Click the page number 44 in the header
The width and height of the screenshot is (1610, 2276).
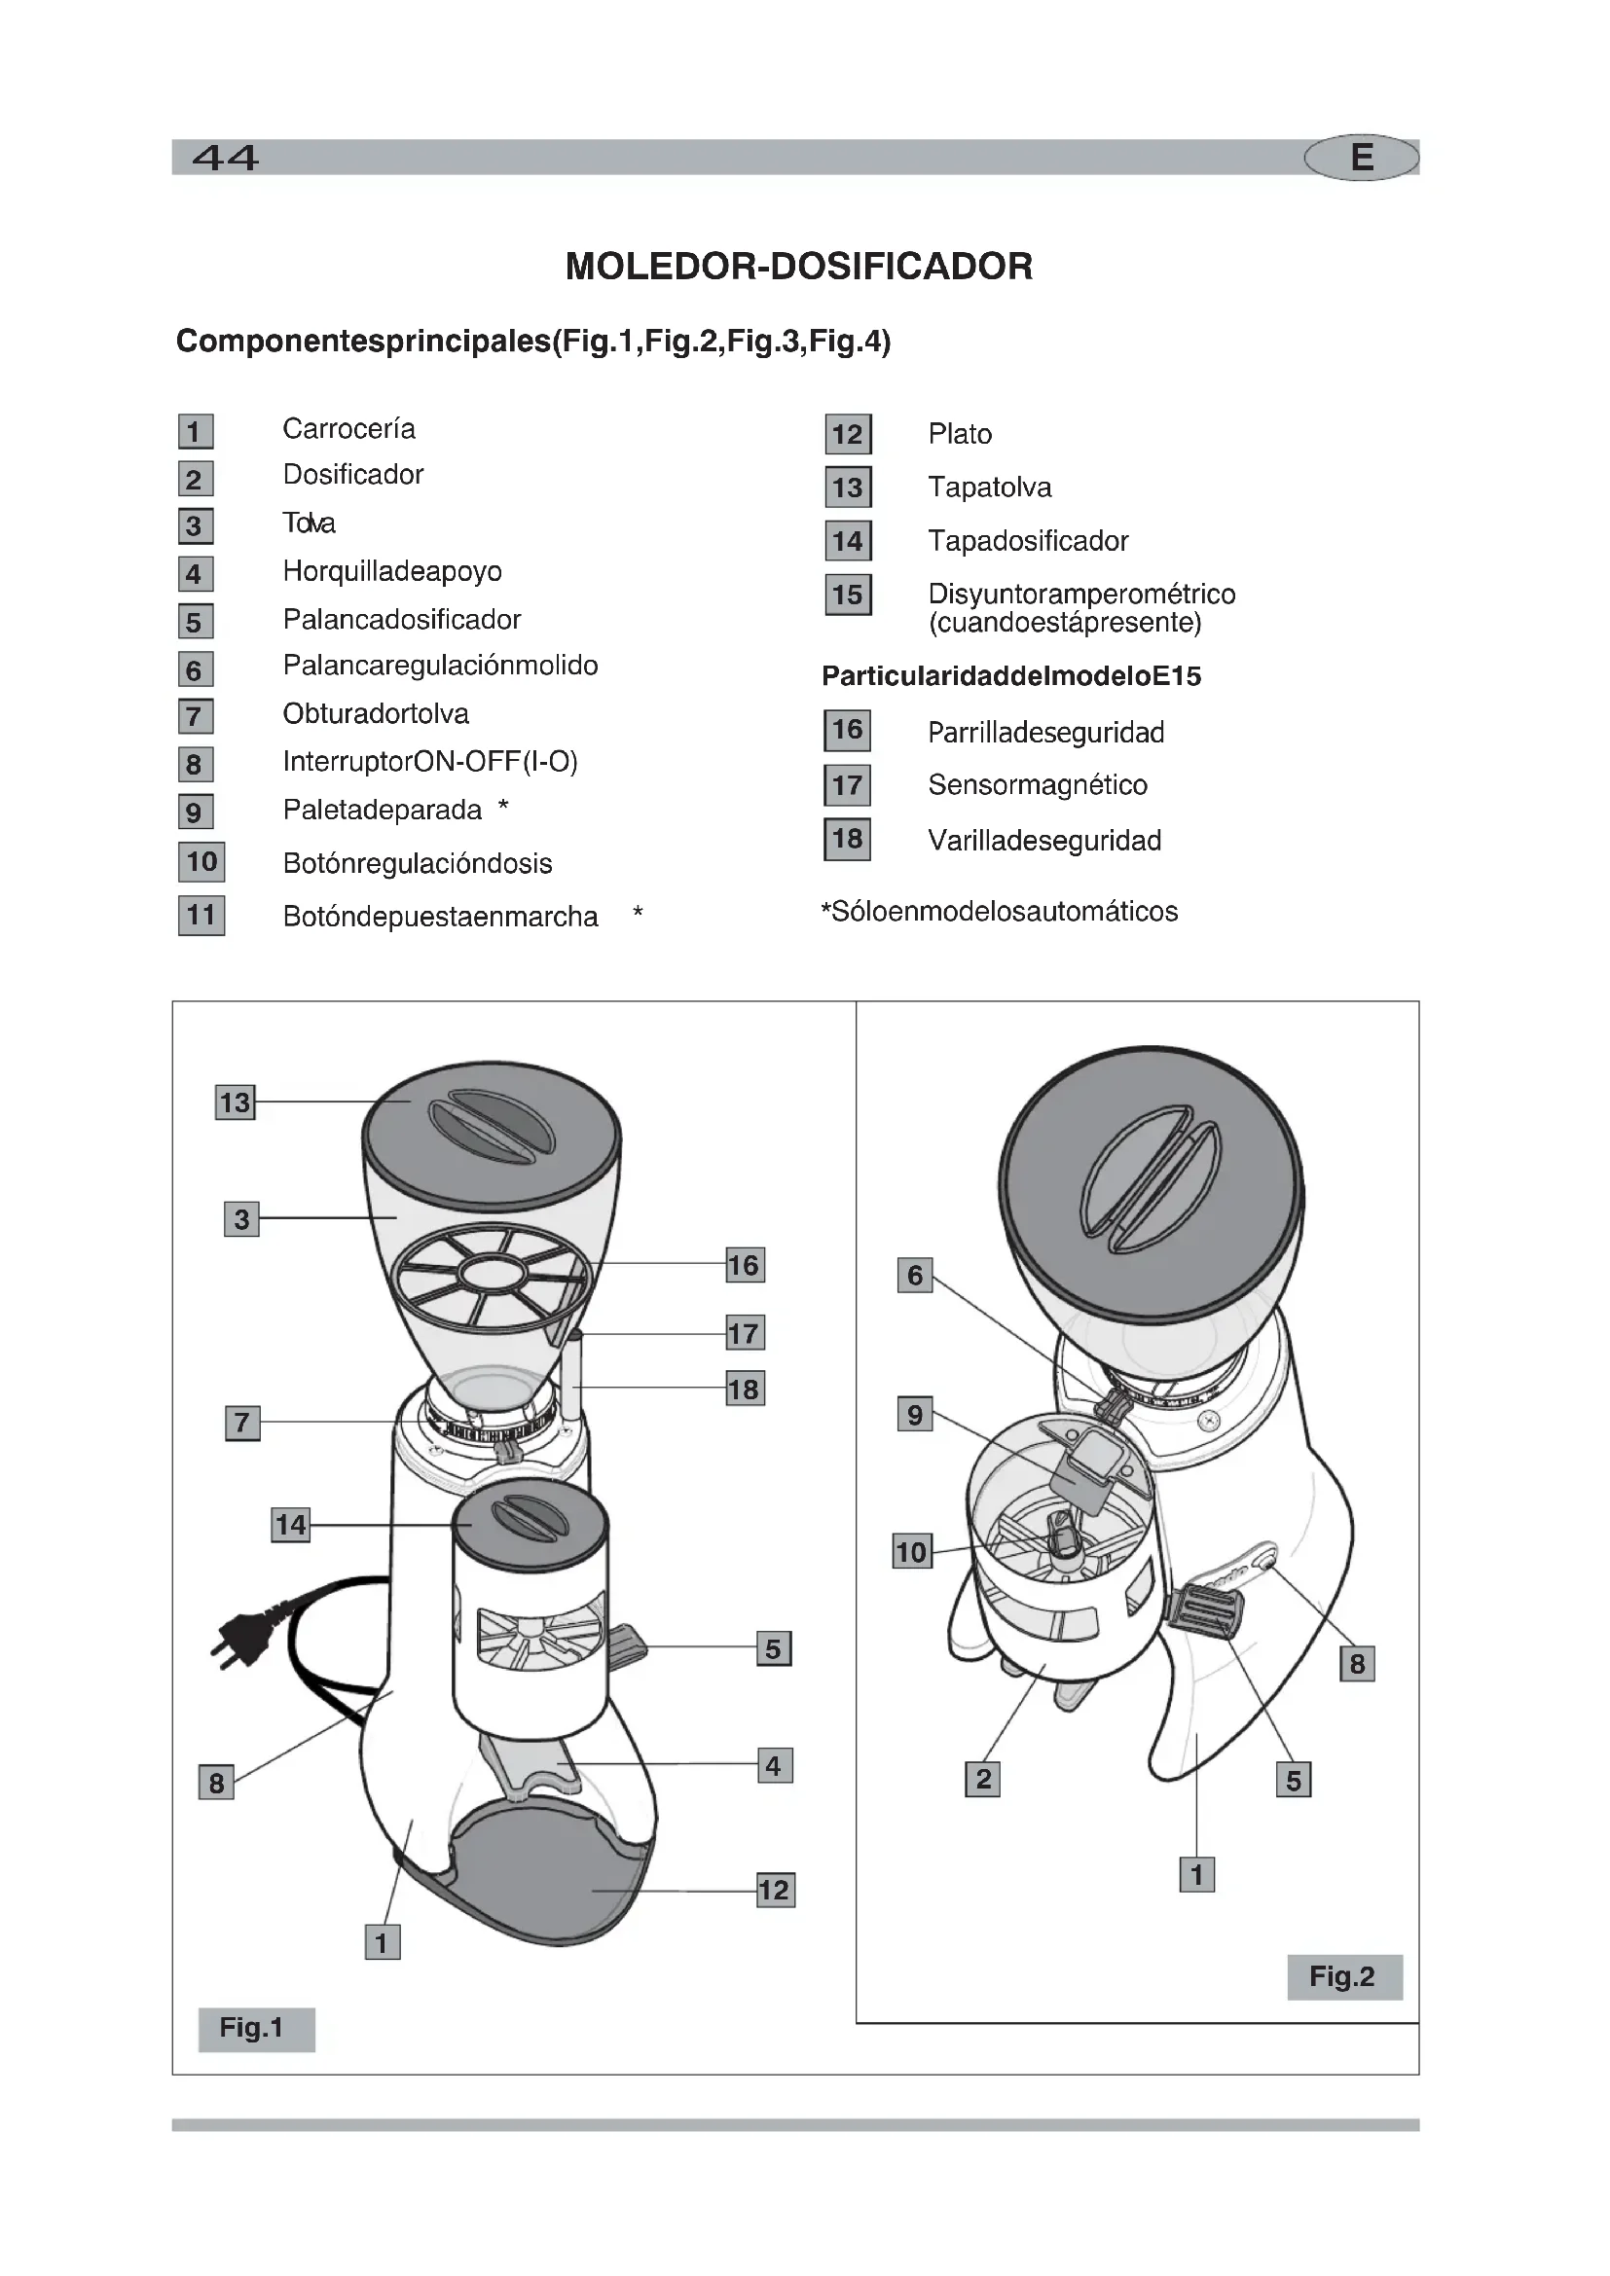pyautogui.click(x=225, y=158)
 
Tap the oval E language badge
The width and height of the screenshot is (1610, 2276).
pyautogui.click(x=1361, y=158)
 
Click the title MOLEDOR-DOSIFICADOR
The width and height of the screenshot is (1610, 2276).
pyautogui.click(x=799, y=267)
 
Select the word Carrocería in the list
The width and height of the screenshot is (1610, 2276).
pyautogui.click(x=349, y=429)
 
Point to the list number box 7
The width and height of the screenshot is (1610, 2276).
pyautogui.click(x=196, y=716)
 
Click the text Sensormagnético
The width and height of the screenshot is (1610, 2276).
pyautogui.click(x=1037, y=785)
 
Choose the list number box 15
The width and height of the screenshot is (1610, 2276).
pyautogui.click(x=848, y=595)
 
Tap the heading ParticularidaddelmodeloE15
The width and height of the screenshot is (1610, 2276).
pyautogui.click(x=1011, y=676)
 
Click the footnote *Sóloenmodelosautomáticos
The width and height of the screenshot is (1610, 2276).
pyautogui.click(x=1000, y=912)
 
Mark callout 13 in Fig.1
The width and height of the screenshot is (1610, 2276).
pyautogui.click(x=235, y=1102)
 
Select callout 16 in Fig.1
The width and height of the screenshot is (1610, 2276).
pyautogui.click(x=745, y=1265)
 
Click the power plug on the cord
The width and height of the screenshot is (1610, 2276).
pyautogui.click(x=240, y=1636)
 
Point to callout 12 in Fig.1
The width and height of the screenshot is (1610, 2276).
pyautogui.click(x=774, y=1890)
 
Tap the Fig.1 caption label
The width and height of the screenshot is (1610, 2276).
pyautogui.click(x=255, y=2028)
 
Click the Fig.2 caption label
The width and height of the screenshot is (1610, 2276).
pyautogui.click(x=1343, y=1976)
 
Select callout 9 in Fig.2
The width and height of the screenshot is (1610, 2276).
pyautogui.click(x=915, y=1415)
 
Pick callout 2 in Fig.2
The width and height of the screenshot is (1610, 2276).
pyautogui.click(x=982, y=1779)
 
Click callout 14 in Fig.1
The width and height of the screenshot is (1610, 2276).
pyautogui.click(x=290, y=1525)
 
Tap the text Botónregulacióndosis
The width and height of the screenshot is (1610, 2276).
pyautogui.click(x=418, y=863)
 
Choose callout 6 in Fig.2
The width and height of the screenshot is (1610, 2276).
pyautogui.click(x=915, y=1275)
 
